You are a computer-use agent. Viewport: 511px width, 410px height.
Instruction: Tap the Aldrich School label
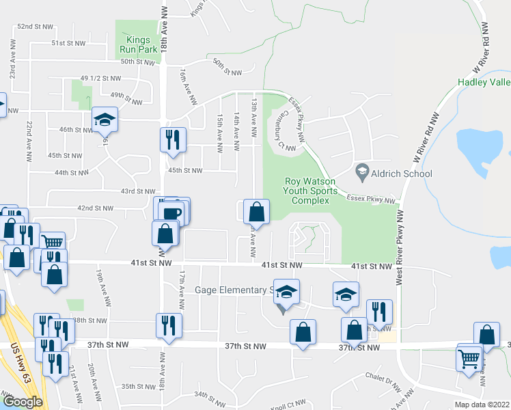402,174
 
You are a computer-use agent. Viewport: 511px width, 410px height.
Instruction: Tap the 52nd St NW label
35,26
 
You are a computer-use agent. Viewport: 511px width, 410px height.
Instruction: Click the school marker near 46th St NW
105,120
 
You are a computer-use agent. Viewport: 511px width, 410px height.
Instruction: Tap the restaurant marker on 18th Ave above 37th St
169,324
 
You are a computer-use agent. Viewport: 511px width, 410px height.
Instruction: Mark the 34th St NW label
210,394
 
